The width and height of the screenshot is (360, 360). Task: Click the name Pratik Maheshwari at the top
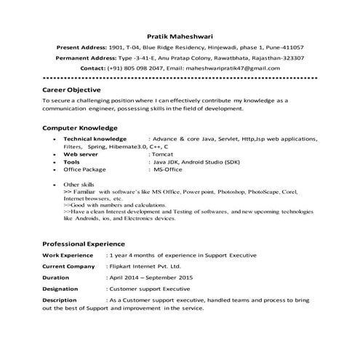(x=180, y=34)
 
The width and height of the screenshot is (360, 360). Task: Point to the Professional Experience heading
(x=84, y=244)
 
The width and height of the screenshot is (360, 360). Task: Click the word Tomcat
(x=162, y=154)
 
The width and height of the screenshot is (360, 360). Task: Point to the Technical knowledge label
(x=95, y=137)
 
